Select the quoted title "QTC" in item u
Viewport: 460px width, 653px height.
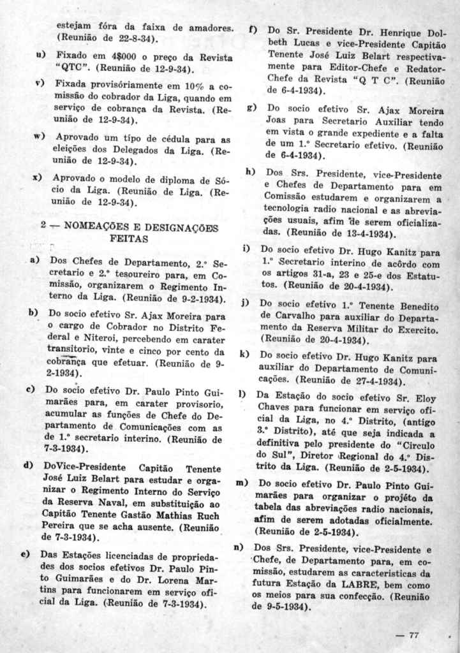(x=71, y=69)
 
